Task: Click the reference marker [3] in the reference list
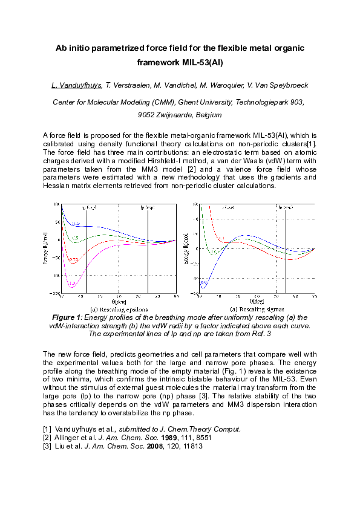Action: point(48,446)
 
